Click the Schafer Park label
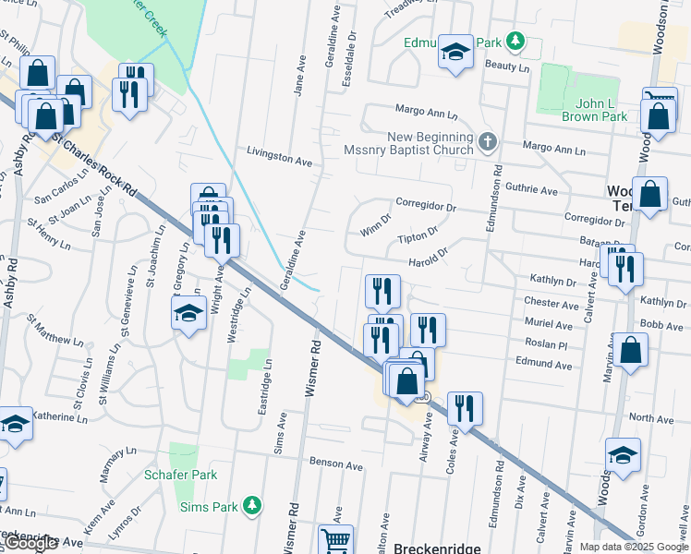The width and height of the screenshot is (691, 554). pos(180,475)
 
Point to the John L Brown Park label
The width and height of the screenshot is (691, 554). pos(594,110)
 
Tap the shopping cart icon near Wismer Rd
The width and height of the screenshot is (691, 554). pos(335,540)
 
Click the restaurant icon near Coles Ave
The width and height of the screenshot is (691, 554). pos(465,408)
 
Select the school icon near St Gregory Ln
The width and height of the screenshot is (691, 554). pos(188,314)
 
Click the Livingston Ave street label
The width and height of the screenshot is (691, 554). pos(280,159)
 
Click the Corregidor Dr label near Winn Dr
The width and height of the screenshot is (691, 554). pos(426,208)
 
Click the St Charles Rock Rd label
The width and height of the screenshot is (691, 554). pos(93,167)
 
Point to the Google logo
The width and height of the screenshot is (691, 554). pos(31,543)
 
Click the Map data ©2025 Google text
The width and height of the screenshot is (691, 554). pos(634,547)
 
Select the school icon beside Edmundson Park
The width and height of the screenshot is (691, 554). pos(455,53)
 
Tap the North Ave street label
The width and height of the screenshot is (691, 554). pos(650,418)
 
